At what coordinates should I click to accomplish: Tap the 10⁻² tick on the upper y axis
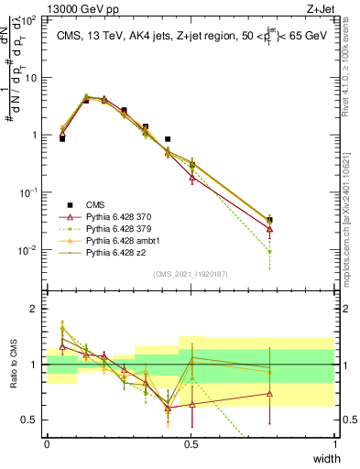[29, 250]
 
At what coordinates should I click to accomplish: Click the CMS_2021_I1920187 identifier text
[191, 273]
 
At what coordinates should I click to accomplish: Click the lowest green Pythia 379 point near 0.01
[268, 251]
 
